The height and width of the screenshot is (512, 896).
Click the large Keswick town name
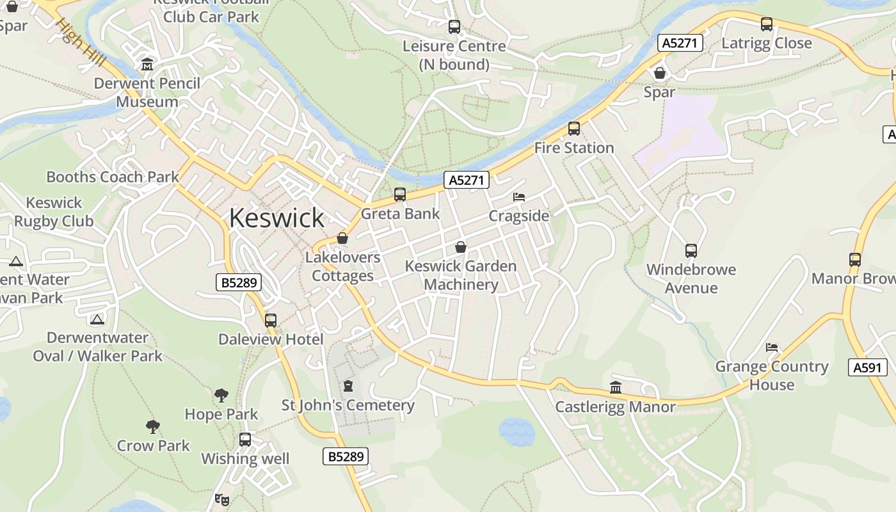[276, 218]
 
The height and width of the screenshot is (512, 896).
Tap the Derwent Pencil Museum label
[147, 92]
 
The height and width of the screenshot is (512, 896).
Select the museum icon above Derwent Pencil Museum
[148, 65]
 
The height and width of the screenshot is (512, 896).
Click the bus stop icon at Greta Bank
[400, 195]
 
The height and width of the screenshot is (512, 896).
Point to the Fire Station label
[574, 148]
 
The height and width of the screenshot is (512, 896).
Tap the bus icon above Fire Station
[574, 129]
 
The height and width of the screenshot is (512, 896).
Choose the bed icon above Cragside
[519, 197]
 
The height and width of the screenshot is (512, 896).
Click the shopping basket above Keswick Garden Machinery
[460, 247]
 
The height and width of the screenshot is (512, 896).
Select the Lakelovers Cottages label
[343, 266]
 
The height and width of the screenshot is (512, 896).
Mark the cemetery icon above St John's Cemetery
[348, 386]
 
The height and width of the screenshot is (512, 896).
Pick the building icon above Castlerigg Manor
[616, 387]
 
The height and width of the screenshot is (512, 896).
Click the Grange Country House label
[772, 375]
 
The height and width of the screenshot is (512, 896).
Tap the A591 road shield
[868, 367]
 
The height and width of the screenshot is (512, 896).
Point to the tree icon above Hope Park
[221, 396]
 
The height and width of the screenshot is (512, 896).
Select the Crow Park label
[154, 445]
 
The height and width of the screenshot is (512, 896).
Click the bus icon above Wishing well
[245, 440]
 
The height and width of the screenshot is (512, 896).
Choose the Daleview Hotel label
[271, 339]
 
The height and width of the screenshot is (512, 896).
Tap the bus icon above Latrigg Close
[767, 24]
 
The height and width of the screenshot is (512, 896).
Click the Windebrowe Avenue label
[691, 278]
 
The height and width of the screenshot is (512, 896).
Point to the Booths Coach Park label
[113, 177]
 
